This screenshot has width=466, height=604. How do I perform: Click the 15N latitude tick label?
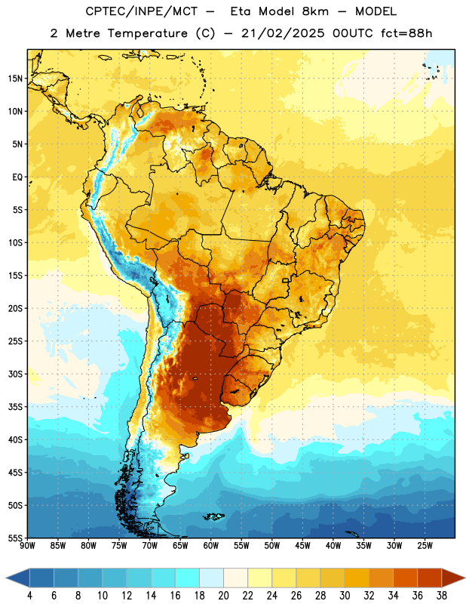pos(15,79)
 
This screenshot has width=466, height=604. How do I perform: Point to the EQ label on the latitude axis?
pos(17,177)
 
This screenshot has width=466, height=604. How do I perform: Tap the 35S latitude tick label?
pos(15,407)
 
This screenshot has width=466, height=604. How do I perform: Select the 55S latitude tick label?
pos(15,538)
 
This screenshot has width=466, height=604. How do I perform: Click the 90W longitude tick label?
pos(27,546)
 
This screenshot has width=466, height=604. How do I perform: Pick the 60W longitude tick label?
pos(211,546)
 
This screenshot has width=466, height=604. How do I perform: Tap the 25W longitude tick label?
pos(425,546)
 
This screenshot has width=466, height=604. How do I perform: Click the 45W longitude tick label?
pos(302,546)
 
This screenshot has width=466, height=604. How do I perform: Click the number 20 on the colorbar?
pos(223,596)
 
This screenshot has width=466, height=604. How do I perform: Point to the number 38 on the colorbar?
pos(441,596)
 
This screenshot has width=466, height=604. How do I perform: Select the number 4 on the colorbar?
pos(29,596)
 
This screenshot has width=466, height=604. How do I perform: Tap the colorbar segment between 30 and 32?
pos(357,578)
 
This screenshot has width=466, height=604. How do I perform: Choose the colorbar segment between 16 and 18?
pos(187,578)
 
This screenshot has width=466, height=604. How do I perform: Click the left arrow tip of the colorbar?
pos(6,578)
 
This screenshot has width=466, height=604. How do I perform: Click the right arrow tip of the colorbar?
pos(464,578)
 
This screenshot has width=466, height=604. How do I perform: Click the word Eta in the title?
pos(241,11)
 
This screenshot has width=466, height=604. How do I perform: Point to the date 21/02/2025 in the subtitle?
pos(283,33)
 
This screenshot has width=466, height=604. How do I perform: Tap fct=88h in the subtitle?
pos(406,33)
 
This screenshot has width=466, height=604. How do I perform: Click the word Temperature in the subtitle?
pos(147,33)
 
